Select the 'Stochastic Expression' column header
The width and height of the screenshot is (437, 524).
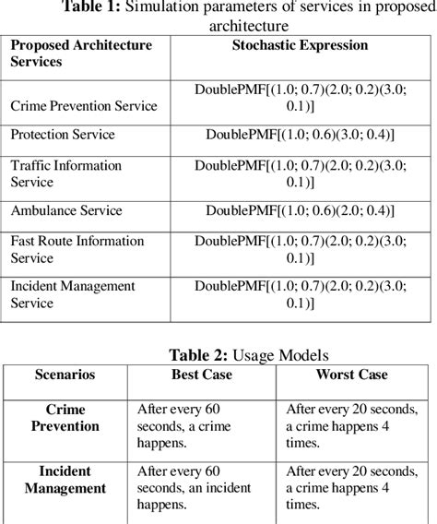tap(301, 45)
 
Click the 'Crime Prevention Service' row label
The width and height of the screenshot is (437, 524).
tap(84, 106)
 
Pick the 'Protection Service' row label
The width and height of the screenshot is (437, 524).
tap(63, 135)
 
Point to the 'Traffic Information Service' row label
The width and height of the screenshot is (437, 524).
tap(65, 174)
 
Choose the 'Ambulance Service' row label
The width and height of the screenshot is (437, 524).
tap(65, 210)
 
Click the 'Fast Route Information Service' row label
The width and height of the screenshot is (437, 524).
tap(77, 249)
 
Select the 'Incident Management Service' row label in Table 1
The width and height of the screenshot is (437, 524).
tap(73, 295)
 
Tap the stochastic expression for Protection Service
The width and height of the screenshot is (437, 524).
tap(301, 135)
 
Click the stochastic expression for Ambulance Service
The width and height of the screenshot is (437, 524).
tap(301, 210)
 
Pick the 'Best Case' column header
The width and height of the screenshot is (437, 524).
tap(203, 375)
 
